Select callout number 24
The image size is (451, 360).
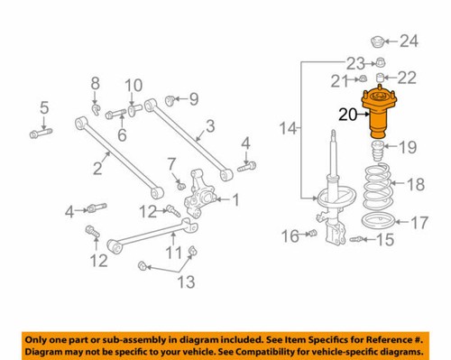[410, 41]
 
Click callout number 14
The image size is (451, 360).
[288, 132]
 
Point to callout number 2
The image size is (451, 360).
[97, 167]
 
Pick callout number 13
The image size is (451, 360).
[184, 283]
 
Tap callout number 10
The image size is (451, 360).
[133, 86]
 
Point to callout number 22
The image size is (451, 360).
[407, 78]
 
